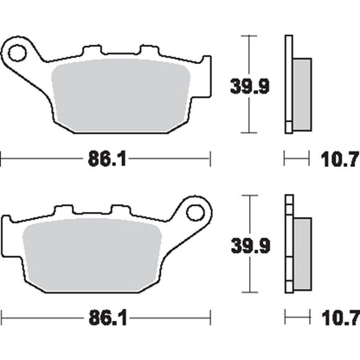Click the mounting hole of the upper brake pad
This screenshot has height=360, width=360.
click(x=17, y=53)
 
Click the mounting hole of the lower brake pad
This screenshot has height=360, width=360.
click(x=196, y=213)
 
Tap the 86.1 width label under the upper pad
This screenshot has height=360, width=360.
click(x=107, y=159)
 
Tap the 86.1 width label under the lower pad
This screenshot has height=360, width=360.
click(x=107, y=318)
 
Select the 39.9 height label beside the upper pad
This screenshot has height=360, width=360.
click(x=250, y=87)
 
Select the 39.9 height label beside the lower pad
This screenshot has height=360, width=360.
click(x=250, y=246)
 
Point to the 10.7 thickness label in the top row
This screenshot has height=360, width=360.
click(x=340, y=159)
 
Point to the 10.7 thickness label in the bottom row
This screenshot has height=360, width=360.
click(x=341, y=318)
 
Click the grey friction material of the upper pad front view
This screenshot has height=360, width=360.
click(x=120, y=96)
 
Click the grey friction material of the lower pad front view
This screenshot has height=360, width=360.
click(x=93, y=255)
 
